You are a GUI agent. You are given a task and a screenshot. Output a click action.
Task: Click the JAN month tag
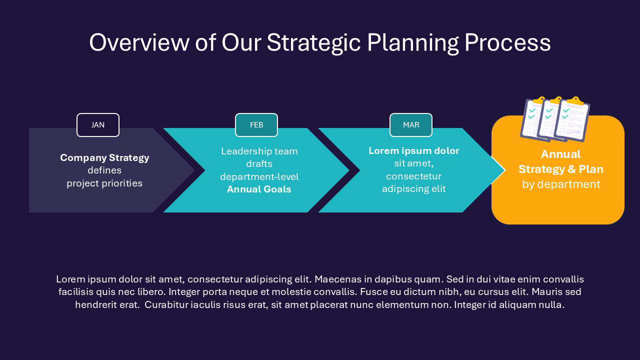tap(98, 125)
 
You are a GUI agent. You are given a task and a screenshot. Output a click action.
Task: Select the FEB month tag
tap(256, 125)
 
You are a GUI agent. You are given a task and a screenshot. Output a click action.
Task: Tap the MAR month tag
tap(411, 125)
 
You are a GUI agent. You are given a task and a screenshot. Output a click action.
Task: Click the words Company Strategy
tap(104, 158)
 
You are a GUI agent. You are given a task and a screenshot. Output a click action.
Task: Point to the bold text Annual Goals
tap(259, 189)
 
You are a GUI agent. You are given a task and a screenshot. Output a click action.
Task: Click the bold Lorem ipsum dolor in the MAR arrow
tap(413, 151)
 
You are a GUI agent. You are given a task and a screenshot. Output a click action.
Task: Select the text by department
tap(561, 184)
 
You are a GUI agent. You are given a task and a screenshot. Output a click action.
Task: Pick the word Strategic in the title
tap(313, 43)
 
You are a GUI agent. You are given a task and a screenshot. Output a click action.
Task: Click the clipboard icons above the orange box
tap(555, 119)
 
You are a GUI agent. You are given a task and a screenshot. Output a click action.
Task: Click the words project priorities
tap(104, 183)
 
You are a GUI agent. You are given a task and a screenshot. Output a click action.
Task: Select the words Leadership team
tap(259, 151)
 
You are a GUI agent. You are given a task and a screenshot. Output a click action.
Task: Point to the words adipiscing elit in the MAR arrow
tap(413, 189)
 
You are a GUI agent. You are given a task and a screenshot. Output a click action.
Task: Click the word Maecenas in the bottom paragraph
tap(337, 279)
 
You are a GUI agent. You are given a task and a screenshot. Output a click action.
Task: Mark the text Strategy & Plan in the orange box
tap(561, 169)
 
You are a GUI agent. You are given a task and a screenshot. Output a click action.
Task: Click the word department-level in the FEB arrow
tap(259, 177)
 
